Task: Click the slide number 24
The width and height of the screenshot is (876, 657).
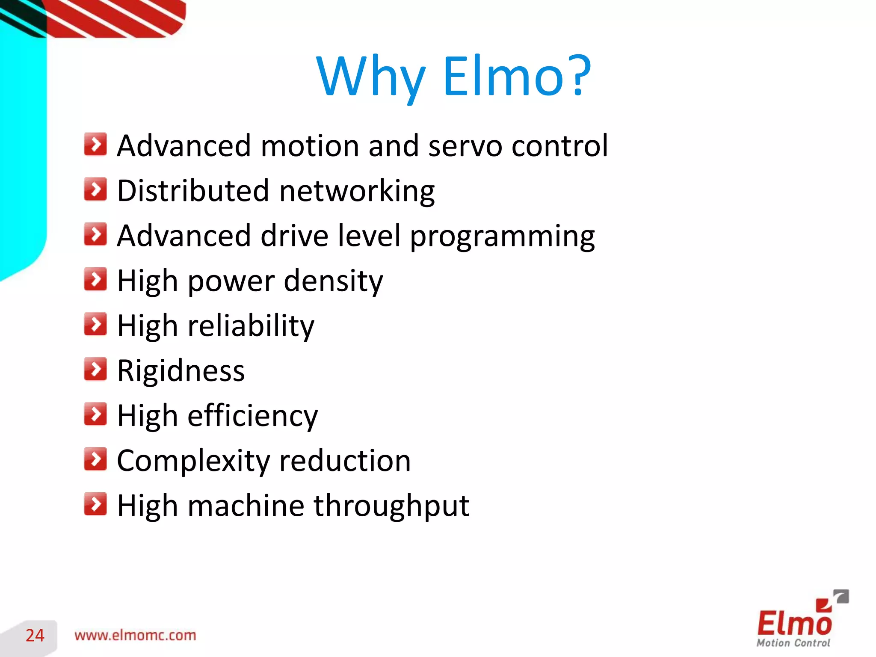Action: coord(35,636)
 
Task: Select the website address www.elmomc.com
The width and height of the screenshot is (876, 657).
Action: coord(135,635)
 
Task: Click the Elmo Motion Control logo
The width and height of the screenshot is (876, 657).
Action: coord(798,620)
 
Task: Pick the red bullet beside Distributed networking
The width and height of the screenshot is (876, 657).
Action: coord(95,189)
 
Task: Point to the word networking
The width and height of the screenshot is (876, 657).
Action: coord(357,192)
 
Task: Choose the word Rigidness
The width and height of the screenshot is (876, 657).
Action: coord(181,370)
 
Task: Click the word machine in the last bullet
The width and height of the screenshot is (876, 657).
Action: coord(246,506)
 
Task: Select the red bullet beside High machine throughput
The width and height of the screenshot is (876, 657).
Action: coord(95,504)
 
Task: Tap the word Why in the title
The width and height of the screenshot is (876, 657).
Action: coord(370,77)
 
